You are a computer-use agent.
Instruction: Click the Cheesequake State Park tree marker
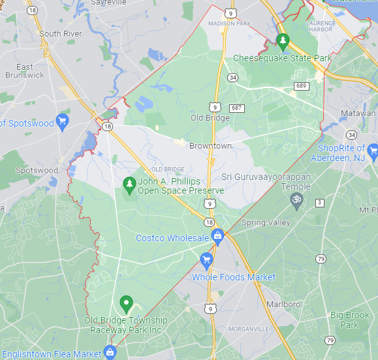pyautogui.click(x=283, y=42)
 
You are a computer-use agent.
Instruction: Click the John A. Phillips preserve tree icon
pyautogui.click(x=129, y=185)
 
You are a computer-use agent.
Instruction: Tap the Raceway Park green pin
pyautogui.click(x=126, y=304)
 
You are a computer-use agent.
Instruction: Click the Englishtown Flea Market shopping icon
pyautogui.click(x=111, y=353)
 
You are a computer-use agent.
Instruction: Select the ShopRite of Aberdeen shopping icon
pyautogui.click(x=373, y=153)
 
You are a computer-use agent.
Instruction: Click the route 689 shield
pyautogui.click(x=301, y=85)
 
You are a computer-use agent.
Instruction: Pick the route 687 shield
pyautogui.click(x=236, y=108)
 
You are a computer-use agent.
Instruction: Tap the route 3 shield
pyautogui.click(x=319, y=203)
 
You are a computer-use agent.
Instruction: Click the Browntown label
pyautogui.click(x=210, y=146)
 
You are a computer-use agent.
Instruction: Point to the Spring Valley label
pyautogui.click(x=266, y=222)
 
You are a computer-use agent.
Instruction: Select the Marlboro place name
pyautogui.click(x=282, y=304)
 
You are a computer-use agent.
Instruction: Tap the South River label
pyautogui.click(x=59, y=33)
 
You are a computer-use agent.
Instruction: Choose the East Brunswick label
pyautogui.click(x=25, y=71)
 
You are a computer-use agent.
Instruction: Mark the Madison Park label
pyautogui.click(x=229, y=24)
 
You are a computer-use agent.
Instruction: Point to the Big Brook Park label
pyautogui.click(x=349, y=320)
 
